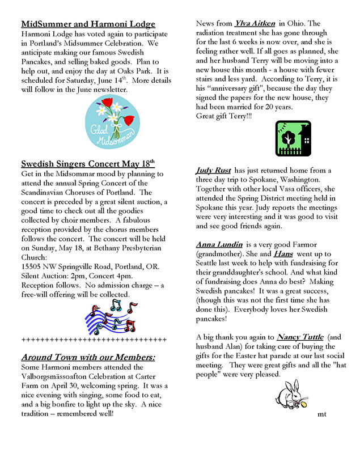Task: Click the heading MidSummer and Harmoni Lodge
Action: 88,24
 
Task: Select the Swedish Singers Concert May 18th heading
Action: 87,164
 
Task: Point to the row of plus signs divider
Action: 94,340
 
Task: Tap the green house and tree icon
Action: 293,138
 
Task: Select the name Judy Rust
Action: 214,170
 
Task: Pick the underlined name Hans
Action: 283,255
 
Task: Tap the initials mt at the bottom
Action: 322,414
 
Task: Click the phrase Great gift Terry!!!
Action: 225,116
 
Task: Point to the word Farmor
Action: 310,244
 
